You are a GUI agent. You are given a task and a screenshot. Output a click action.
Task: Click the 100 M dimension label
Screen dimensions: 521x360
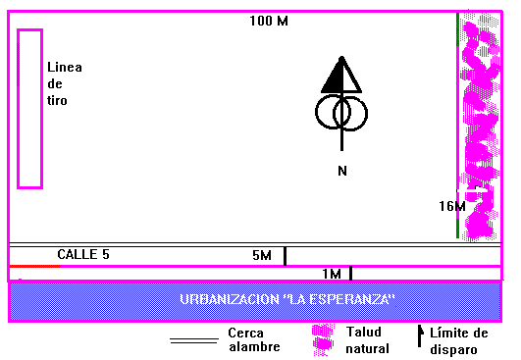(269, 21)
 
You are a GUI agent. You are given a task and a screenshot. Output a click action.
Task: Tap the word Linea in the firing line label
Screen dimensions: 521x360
(65, 67)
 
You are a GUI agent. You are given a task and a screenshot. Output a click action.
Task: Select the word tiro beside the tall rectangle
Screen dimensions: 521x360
(57, 100)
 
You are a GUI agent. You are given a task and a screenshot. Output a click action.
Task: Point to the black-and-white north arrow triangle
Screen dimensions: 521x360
(341, 76)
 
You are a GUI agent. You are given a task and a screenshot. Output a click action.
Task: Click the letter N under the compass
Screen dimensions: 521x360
(342, 171)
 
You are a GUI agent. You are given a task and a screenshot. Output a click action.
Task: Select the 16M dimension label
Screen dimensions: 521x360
(452, 206)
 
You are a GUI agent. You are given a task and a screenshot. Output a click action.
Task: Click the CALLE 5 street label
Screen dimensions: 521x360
(83, 254)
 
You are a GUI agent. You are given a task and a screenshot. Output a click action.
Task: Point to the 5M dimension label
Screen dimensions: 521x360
(262, 255)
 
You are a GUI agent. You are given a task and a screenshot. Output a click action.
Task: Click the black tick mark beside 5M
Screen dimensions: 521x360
(285, 256)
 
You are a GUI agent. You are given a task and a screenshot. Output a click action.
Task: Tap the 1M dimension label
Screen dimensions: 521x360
(332, 274)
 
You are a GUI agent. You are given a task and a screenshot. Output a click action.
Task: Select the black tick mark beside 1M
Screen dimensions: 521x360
(350, 274)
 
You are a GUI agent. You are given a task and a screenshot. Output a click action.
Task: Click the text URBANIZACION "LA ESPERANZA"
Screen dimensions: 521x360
(287, 299)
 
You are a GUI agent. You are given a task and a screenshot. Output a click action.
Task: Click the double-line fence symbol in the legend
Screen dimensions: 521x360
(194, 341)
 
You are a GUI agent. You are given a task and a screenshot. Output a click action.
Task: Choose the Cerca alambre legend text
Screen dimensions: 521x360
(254, 339)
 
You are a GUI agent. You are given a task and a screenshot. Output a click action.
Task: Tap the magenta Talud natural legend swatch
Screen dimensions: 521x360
(323, 339)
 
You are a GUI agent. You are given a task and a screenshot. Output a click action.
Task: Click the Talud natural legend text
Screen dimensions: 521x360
(368, 340)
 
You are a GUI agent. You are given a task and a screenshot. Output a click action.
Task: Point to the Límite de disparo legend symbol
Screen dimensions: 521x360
(420, 335)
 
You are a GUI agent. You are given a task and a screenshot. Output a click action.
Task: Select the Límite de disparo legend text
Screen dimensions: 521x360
(459, 341)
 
